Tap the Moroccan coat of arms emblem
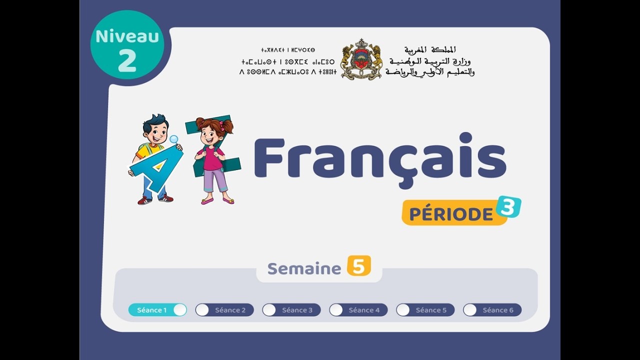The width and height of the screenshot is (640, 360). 361,60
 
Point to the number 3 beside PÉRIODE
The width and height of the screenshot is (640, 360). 508,206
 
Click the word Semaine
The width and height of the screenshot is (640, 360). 304,268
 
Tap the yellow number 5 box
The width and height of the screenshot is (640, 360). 359,266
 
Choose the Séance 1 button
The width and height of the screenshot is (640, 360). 157,310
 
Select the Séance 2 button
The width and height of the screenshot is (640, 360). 224,310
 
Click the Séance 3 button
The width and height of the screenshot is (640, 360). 291,310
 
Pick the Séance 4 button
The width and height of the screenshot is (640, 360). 358,310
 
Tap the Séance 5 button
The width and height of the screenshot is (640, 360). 425,310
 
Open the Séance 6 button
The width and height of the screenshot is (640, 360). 492,310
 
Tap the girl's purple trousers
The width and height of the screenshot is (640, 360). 215,180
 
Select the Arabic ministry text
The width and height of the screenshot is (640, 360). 430,61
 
